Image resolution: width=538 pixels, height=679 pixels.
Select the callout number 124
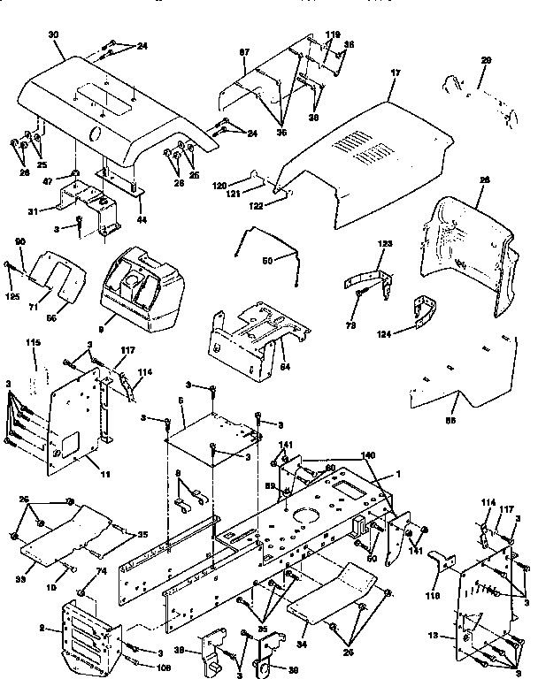tap(383, 333)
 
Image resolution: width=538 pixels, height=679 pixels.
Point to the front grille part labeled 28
tap(469, 256)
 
